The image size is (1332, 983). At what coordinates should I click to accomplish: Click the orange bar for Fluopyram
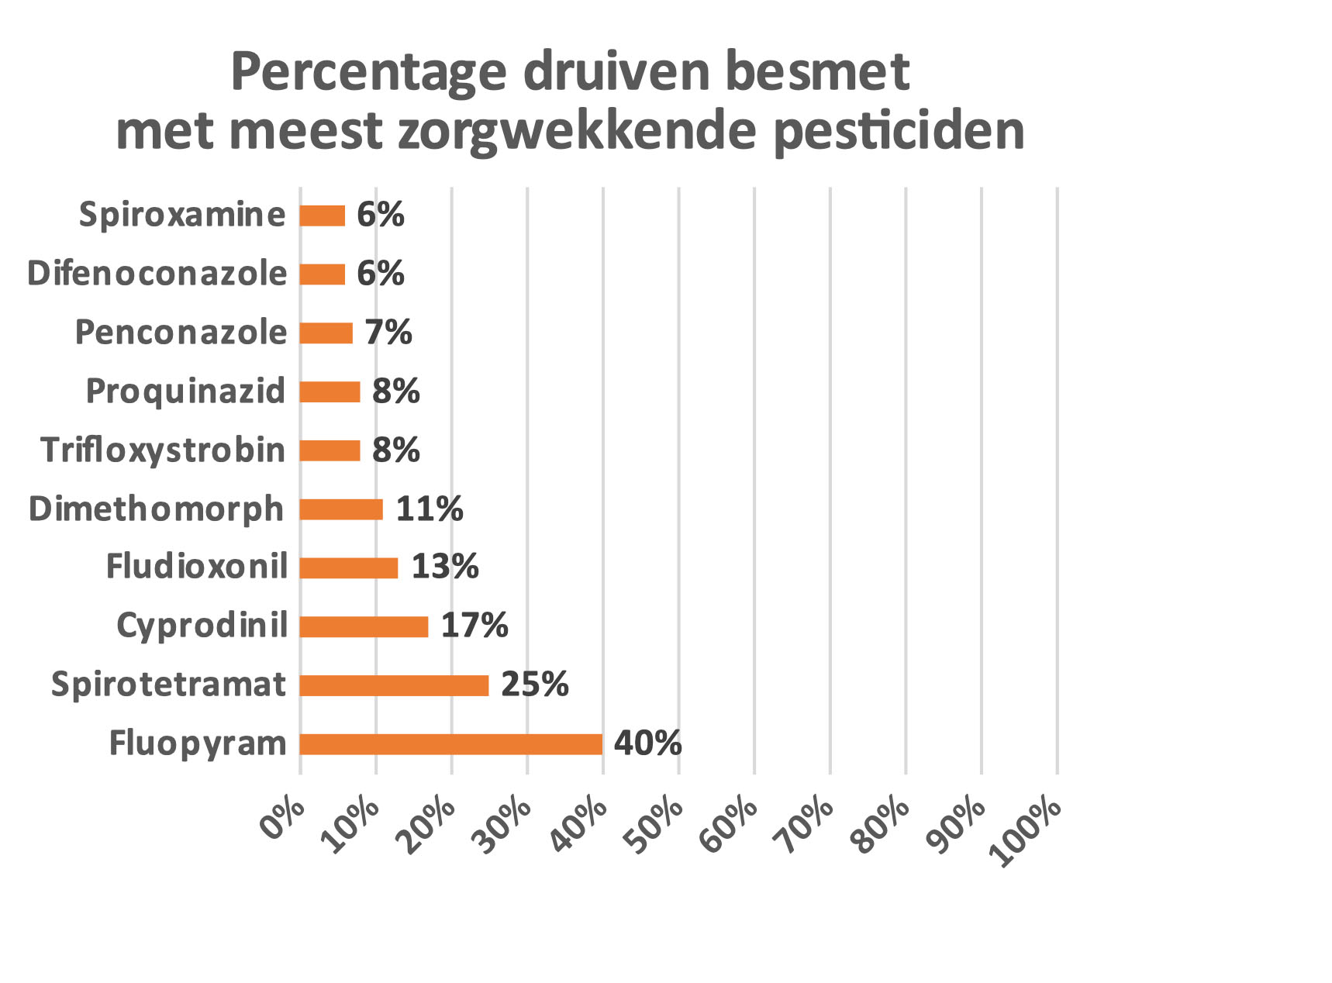[451, 744]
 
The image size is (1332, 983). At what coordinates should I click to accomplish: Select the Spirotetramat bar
[394, 685]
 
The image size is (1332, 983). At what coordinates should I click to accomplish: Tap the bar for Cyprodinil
[364, 626]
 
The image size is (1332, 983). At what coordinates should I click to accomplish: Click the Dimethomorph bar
[341, 509]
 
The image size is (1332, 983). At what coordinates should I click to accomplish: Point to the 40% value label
[647, 743]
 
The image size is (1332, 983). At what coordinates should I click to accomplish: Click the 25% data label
[534, 685]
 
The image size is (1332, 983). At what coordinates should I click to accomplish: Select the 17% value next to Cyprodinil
[474, 626]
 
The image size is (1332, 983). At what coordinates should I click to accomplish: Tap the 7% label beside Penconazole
[388, 333]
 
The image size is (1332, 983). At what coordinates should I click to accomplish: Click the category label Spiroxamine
[182, 215]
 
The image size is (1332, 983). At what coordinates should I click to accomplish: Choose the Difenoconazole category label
[157, 274]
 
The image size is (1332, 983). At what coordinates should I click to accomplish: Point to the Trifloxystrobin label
[163, 450]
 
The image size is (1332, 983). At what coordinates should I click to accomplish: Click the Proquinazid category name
[185, 391]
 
